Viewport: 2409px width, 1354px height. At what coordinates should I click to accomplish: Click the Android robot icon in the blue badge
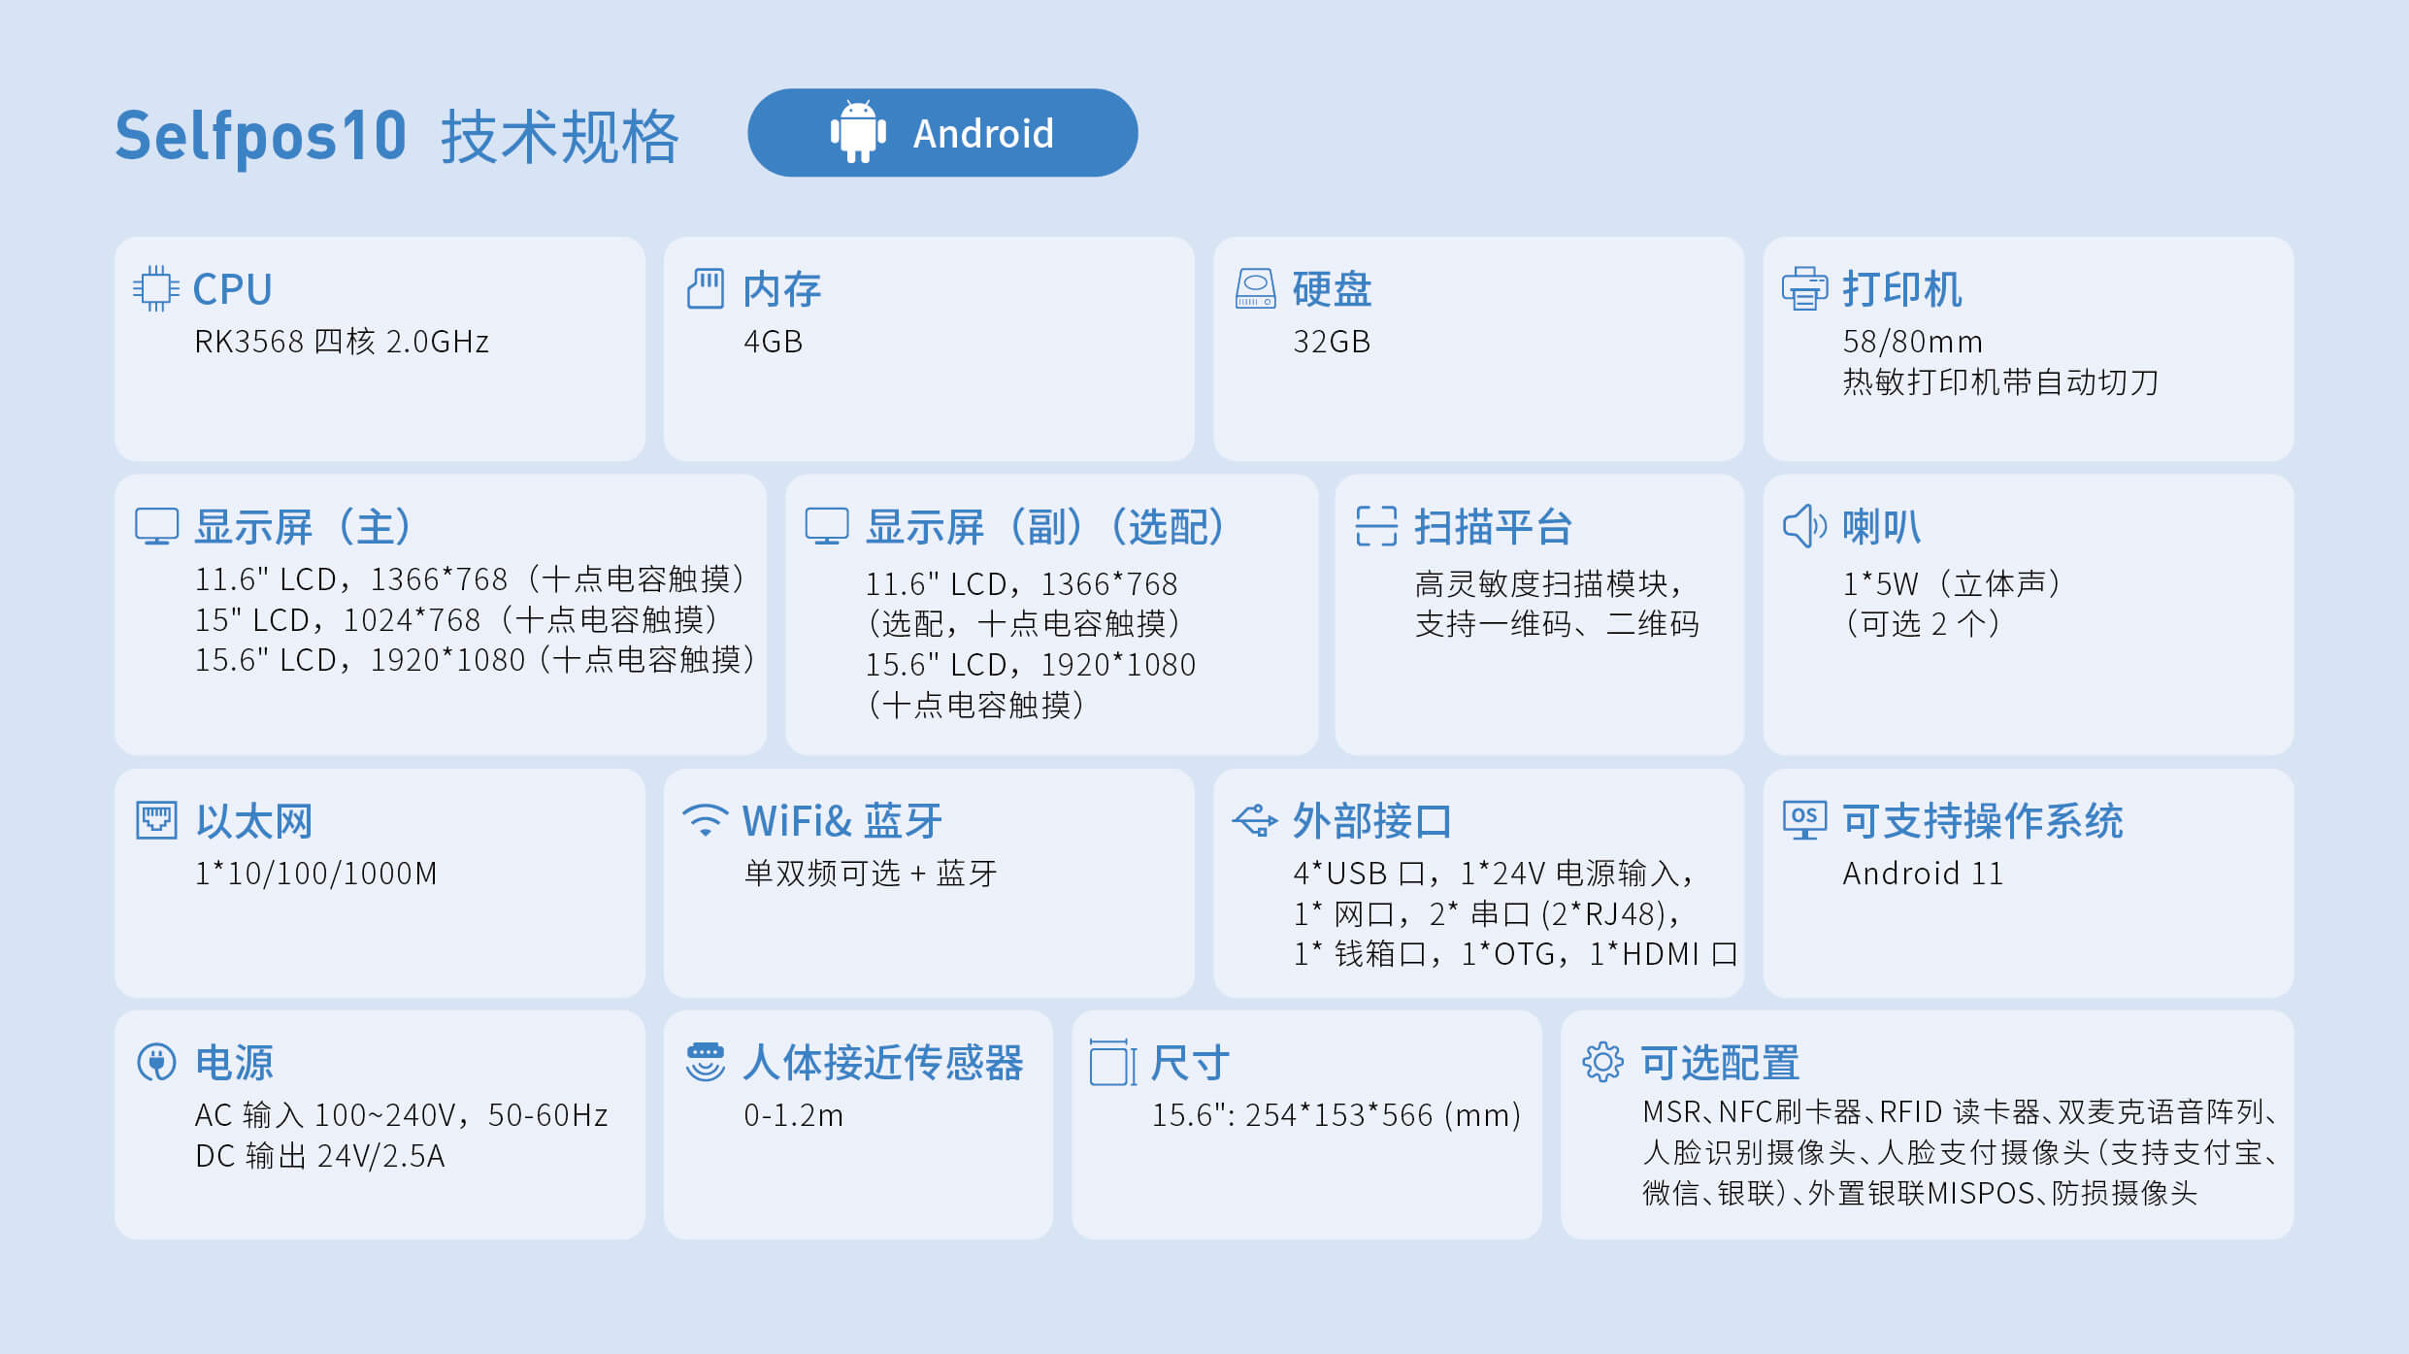tap(858, 132)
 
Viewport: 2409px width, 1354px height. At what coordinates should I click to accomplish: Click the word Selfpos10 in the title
tap(260, 136)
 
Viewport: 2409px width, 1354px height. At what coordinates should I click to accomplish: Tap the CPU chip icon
tap(155, 288)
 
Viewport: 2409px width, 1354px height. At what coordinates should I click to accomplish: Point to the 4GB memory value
tap(773, 342)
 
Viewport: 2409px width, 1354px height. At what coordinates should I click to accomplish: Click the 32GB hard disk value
tap(1331, 342)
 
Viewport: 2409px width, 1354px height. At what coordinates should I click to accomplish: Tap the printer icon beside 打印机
tap(1804, 288)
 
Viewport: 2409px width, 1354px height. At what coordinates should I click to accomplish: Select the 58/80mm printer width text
tap(1912, 342)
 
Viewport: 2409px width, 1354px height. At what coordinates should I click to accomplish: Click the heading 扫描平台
tap(1493, 527)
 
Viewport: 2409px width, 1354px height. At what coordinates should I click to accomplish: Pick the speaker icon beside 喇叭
tap(1804, 526)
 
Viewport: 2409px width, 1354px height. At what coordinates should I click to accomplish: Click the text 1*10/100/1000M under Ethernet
tap(315, 874)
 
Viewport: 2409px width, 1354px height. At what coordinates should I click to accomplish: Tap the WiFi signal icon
tap(706, 820)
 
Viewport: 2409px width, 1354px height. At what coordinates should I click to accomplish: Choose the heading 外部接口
tap(1371, 821)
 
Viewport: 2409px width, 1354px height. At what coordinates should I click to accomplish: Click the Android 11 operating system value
tap(1923, 874)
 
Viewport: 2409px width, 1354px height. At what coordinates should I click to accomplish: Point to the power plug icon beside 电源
tap(156, 1063)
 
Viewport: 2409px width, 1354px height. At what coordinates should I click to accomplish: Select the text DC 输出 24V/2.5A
tap(319, 1156)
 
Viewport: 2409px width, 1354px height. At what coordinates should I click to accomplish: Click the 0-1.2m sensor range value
tap(793, 1115)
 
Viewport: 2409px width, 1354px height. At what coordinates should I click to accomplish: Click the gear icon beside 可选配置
tap(1602, 1062)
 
